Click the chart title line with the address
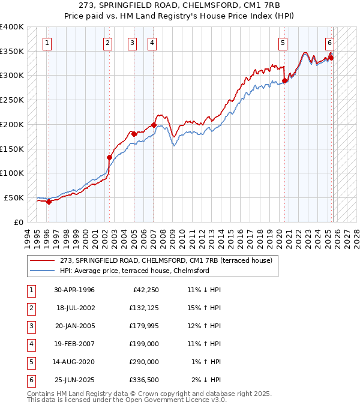coord(180,5)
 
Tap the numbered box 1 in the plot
coord(47,43)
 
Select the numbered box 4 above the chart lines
coord(152,43)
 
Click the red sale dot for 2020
coord(284,80)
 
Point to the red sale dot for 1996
coord(49,202)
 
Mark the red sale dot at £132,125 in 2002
coord(109,158)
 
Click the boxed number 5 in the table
coord(31,362)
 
